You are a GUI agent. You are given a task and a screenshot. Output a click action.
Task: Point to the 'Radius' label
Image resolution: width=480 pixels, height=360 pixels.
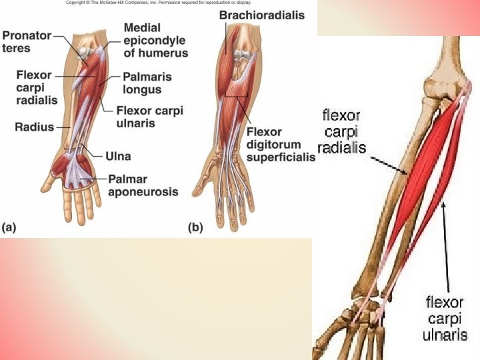coord(34,126)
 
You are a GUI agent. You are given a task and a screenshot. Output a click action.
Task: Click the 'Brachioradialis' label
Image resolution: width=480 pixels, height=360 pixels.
coord(262,15)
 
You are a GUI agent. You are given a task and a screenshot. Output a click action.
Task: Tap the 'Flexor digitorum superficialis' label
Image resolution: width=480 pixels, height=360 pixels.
coord(280,144)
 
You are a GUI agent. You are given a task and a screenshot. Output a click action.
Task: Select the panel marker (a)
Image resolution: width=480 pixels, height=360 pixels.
coord(9,227)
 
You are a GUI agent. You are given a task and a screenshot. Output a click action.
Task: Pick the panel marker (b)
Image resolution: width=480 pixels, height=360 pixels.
coord(195,227)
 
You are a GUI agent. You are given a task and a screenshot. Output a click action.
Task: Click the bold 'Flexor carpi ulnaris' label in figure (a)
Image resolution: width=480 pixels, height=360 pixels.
coord(149,116)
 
